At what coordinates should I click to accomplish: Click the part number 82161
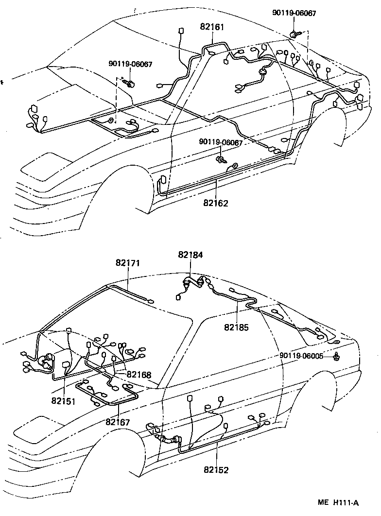pyautogui.click(x=212, y=27)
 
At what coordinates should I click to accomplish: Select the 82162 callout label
pyautogui.click(x=216, y=203)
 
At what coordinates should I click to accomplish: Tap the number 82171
pyautogui.click(x=128, y=263)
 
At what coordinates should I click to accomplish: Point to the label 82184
pyautogui.click(x=190, y=254)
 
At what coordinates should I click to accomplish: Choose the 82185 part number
pyautogui.click(x=236, y=327)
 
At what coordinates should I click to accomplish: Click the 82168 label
pyautogui.click(x=139, y=375)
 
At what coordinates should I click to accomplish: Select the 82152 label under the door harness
pyautogui.click(x=216, y=470)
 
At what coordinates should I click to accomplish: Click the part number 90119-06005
pyautogui.click(x=301, y=356)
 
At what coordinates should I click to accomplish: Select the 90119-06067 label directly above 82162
pyautogui.click(x=221, y=142)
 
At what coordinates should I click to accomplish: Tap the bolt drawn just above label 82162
pyautogui.click(x=222, y=159)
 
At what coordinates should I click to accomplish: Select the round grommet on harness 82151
pyautogui.click(x=47, y=361)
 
